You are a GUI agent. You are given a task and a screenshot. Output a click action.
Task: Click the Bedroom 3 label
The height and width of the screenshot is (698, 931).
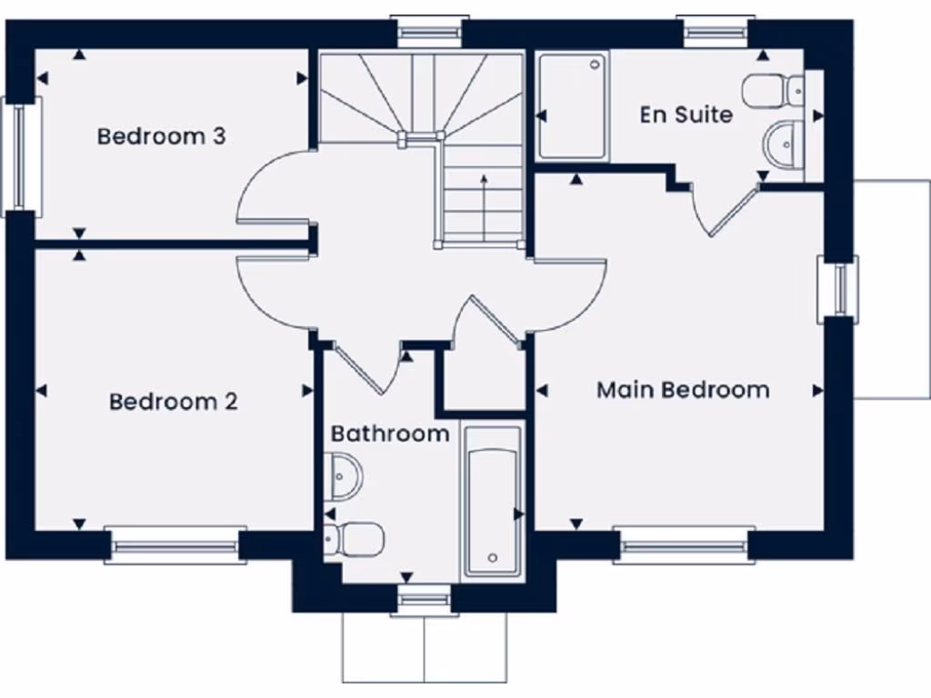coord(161,136)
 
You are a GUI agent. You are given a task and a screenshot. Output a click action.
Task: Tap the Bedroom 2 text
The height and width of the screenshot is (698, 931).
coord(173,402)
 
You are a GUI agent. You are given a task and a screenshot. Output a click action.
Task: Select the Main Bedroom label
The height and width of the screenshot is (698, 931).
coord(683,390)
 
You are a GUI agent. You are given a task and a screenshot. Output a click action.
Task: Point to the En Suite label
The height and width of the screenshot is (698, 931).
coord(686,115)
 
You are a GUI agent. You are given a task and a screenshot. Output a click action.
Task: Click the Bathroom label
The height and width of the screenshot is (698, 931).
coord(390,434)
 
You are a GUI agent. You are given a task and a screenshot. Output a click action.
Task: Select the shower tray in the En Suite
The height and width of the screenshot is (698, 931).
coord(573,106)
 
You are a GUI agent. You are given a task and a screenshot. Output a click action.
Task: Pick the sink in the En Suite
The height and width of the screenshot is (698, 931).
coord(782,144)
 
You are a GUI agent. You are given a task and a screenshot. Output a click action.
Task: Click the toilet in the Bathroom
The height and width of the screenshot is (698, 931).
coord(354,539)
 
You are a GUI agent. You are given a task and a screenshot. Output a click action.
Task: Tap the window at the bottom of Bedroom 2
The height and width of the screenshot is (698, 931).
coord(175,545)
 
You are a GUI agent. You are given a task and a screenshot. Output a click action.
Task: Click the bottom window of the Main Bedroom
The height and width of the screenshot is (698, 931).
coord(684,545)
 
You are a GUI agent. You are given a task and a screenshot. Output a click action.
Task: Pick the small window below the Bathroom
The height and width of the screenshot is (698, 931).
coord(424,599)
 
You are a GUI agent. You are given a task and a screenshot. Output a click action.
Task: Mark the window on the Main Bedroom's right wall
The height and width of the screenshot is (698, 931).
coord(838,288)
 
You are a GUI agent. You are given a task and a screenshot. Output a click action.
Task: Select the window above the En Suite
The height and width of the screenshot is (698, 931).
coord(716,31)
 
